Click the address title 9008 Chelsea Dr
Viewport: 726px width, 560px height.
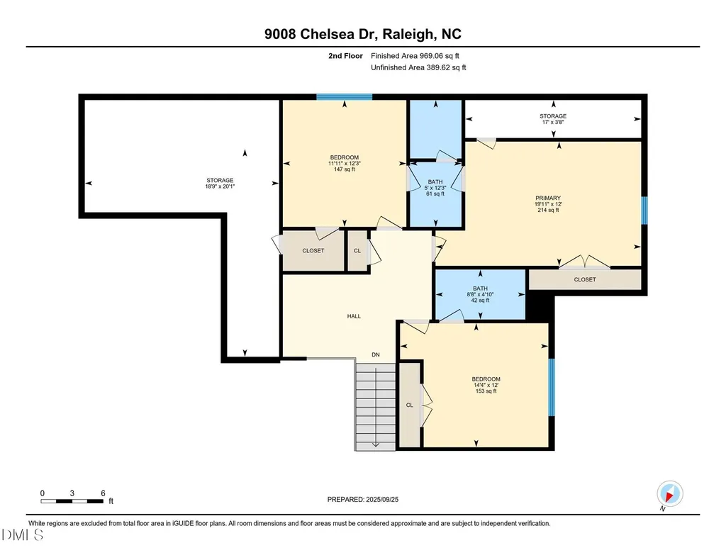(322, 34)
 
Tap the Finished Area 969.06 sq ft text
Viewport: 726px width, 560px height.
(415, 56)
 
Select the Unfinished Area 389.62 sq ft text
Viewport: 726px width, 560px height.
(418, 67)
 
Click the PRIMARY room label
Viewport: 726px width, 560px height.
(548, 198)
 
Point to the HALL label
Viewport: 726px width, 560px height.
(354, 316)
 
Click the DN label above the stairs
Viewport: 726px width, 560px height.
(376, 354)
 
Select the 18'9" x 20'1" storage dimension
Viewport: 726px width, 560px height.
(220, 186)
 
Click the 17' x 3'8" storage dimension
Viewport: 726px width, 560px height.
(553, 122)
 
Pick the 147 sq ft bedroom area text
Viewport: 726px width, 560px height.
(345, 169)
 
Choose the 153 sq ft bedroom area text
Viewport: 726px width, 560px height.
(486, 391)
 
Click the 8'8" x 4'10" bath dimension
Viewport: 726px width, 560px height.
(480, 294)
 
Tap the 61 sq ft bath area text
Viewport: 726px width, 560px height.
(435, 194)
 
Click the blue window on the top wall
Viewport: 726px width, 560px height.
(345, 97)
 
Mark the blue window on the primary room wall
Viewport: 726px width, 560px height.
(644, 211)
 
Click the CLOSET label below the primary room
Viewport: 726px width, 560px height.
(585, 279)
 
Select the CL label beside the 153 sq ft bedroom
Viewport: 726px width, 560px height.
(410, 405)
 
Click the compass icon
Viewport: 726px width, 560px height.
(669, 493)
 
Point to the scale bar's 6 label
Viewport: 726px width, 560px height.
(103, 493)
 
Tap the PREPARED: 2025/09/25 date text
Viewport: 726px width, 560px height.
(363, 499)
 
